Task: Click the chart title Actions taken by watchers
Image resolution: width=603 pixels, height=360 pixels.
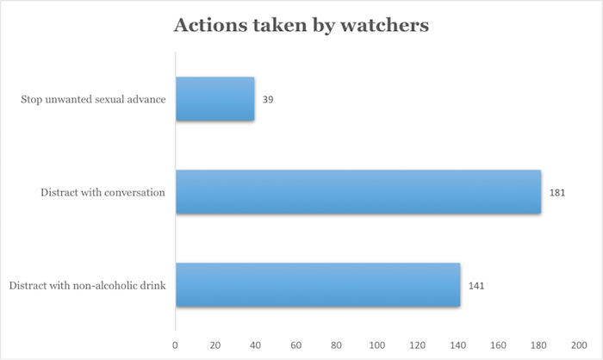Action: tap(301, 26)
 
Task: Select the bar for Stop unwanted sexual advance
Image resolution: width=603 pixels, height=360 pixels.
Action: tap(215, 99)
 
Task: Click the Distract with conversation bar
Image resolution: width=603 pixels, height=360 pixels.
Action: tap(359, 192)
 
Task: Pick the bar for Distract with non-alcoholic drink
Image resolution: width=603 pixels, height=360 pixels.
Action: tap(319, 285)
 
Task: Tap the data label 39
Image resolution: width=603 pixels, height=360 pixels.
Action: tap(268, 100)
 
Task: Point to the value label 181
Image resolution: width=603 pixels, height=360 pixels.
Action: tap(557, 192)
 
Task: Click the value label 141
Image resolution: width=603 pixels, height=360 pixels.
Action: tap(476, 286)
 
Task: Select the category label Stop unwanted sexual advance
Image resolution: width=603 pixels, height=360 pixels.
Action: tap(93, 99)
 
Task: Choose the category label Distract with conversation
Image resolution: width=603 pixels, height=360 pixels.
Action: tap(103, 192)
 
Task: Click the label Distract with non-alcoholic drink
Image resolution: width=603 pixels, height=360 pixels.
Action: tap(87, 285)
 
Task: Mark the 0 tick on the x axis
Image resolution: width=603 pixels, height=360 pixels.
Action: tap(175, 345)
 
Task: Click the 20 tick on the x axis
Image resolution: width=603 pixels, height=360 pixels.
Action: tap(215, 345)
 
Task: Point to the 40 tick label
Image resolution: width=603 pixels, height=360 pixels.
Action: tap(255, 345)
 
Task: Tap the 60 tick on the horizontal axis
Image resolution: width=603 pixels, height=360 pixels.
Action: tap(296, 345)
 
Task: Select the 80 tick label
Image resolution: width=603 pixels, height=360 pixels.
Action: tap(336, 345)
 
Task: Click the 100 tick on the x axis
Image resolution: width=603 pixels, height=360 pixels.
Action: tap(377, 345)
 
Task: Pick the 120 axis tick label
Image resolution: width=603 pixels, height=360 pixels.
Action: tap(417, 345)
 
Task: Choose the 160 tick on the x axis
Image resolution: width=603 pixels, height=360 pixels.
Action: tap(498, 345)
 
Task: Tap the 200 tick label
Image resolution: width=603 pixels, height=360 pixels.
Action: tap(579, 345)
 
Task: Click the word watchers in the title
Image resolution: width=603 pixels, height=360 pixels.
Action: tap(384, 25)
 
